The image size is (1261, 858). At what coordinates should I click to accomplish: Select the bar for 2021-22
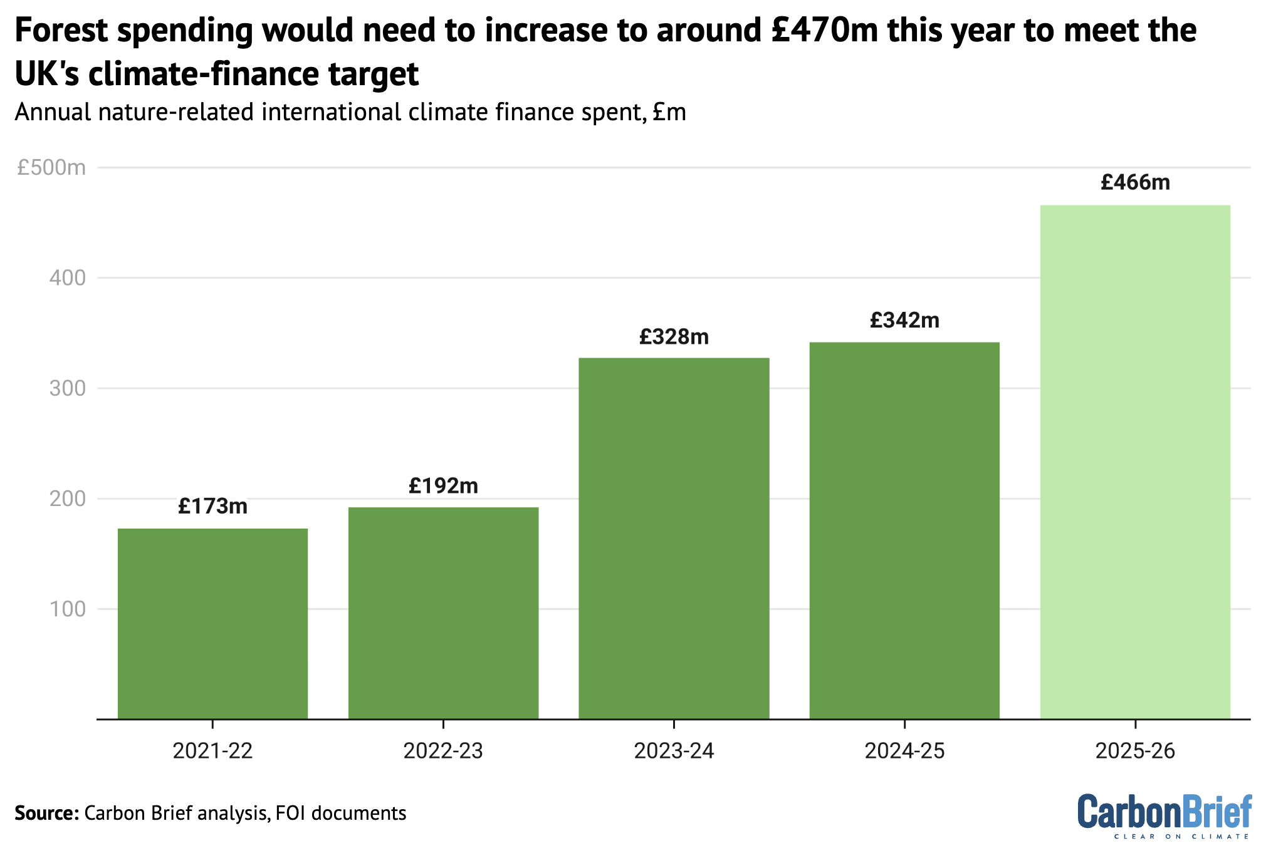(x=212, y=624)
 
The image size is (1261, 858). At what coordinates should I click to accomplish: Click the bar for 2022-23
(x=443, y=613)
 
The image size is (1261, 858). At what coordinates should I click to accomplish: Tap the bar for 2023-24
(x=674, y=539)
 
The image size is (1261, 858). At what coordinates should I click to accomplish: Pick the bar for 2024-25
(x=904, y=530)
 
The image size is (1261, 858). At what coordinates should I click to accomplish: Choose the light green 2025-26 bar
(x=1135, y=462)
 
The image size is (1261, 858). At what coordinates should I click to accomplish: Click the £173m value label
(x=212, y=506)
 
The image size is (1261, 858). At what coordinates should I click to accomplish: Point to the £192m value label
(x=443, y=485)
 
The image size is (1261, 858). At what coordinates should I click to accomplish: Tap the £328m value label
(x=674, y=337)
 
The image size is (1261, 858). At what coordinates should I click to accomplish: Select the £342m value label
(x=904, y=321)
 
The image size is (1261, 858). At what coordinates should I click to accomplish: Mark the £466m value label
(x=1135, y=182)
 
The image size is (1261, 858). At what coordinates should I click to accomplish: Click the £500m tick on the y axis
(x=51, y=168)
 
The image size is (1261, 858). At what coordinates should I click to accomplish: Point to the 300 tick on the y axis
(x=67, y=388)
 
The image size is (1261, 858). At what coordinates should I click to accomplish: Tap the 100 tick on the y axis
(x=67, y=609)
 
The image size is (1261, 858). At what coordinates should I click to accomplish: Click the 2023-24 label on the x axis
(x=674, y=750)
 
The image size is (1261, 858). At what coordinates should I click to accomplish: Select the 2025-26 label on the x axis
(x=1135, y=750)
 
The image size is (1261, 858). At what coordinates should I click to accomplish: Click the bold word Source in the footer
(x=46, y=813)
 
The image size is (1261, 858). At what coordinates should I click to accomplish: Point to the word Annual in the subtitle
(x=55, y=113)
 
